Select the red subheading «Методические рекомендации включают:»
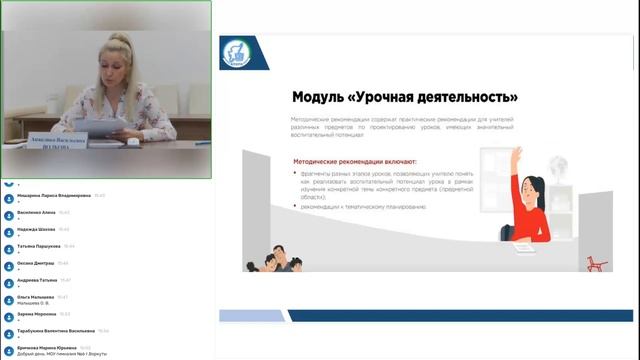pos(356,160)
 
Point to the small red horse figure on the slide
pos(598,262)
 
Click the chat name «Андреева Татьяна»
pos(36,280)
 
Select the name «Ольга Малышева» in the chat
pos(36,297)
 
